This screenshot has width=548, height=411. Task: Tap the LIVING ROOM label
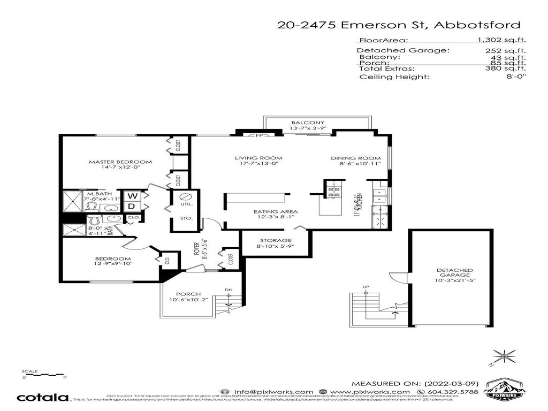tap(258, 158)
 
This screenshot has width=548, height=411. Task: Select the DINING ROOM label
tap(355, 158)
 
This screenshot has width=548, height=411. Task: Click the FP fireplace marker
tap(259, 136)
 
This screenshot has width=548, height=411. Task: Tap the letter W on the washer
tap(131, 196)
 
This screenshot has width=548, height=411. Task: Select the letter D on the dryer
tap(131, 206)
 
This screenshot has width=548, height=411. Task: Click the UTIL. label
tap(187, 204)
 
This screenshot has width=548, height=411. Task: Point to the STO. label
tap(187, 218)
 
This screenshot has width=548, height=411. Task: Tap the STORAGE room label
tap(276, 240)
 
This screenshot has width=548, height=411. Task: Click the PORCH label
tap(188, 294)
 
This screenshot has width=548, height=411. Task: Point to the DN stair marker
tap(229, 290)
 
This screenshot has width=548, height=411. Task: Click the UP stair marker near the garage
tap(366, 287)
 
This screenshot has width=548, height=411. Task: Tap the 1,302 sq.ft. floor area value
tap(501, 40)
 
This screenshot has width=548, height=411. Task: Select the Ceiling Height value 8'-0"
tap(517, 77)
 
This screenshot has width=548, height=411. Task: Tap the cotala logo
tap(43, 398)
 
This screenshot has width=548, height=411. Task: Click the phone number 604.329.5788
tap(457, 392)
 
